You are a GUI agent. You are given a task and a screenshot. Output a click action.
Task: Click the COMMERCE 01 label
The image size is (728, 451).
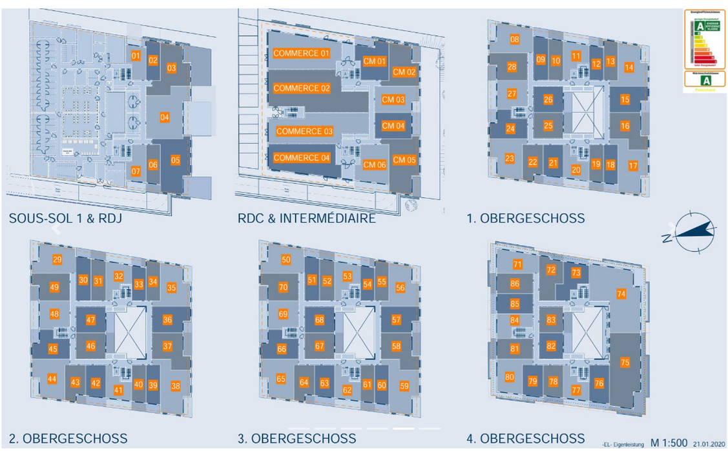pyautogui.click(x=301, y=53)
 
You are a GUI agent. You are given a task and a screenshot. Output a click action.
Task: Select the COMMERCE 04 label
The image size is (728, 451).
pyautogui.click(x=301, y=158)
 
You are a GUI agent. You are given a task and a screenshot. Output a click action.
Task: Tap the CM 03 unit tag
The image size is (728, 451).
pyautogui.click(x=393, y=100)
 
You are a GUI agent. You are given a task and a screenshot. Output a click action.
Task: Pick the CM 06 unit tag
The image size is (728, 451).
pyautogui.click(x=374, y=165)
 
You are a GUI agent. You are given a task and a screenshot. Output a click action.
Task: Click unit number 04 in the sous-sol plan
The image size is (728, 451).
pyautogui.click(x=165, y=117)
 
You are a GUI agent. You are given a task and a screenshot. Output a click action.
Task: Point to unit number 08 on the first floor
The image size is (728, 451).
pyautogui.click(x=515, y=40)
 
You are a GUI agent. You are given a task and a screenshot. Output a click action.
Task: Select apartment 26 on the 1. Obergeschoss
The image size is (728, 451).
pyautogui.click(x=548, y=100)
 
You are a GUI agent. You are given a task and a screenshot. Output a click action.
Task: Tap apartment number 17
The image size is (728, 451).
pyautogui.click(x=632, y=166)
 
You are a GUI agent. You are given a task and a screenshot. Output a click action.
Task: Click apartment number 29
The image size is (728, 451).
pyautogui.click(x=57, y=260)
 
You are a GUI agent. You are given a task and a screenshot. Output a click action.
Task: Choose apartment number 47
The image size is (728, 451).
pyautogui.click(x=91, y=320)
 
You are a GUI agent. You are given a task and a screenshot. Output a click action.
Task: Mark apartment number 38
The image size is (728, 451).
pyautogui.click(x=175, y=386)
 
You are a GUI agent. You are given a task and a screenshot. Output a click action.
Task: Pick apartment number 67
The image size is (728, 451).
pyautogui.click(x=320, y=346)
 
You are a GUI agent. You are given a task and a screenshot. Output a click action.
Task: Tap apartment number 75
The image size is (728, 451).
pyautogui.click(x=624, y=363)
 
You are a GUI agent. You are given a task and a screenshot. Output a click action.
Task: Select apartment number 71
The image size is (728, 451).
pyautogui.click(x=517, y=264)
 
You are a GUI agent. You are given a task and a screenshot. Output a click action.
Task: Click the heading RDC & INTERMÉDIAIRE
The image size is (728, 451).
pyautogui.click(x=306, y=219)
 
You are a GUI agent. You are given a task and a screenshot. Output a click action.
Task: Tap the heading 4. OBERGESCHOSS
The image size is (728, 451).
pyautogui.click(x=526, y=439)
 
